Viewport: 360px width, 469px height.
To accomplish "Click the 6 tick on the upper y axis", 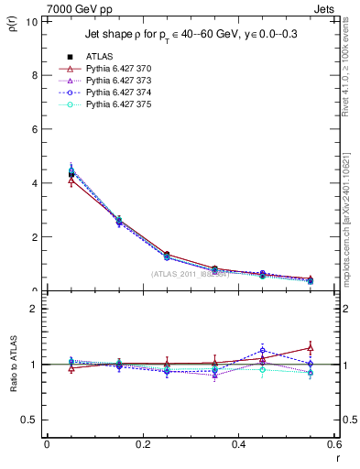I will [x=37, y=129].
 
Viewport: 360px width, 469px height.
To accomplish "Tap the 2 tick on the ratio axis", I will [x=37, y=310].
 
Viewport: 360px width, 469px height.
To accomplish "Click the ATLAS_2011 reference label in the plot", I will [x=190, y=274].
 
